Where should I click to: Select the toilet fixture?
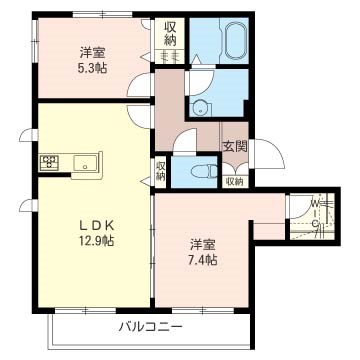[x=203, y=171]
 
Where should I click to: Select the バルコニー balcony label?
[x=150, y=326]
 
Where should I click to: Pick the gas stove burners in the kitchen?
[x=50, y=162]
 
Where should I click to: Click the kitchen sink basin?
[x=81, y=162]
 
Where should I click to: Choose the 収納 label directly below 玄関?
[x=235, y=181]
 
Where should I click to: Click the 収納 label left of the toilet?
[x=160, y=170]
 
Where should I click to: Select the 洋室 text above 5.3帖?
[x=93, y=52]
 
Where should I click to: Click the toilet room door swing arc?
[x=186, y=145]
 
